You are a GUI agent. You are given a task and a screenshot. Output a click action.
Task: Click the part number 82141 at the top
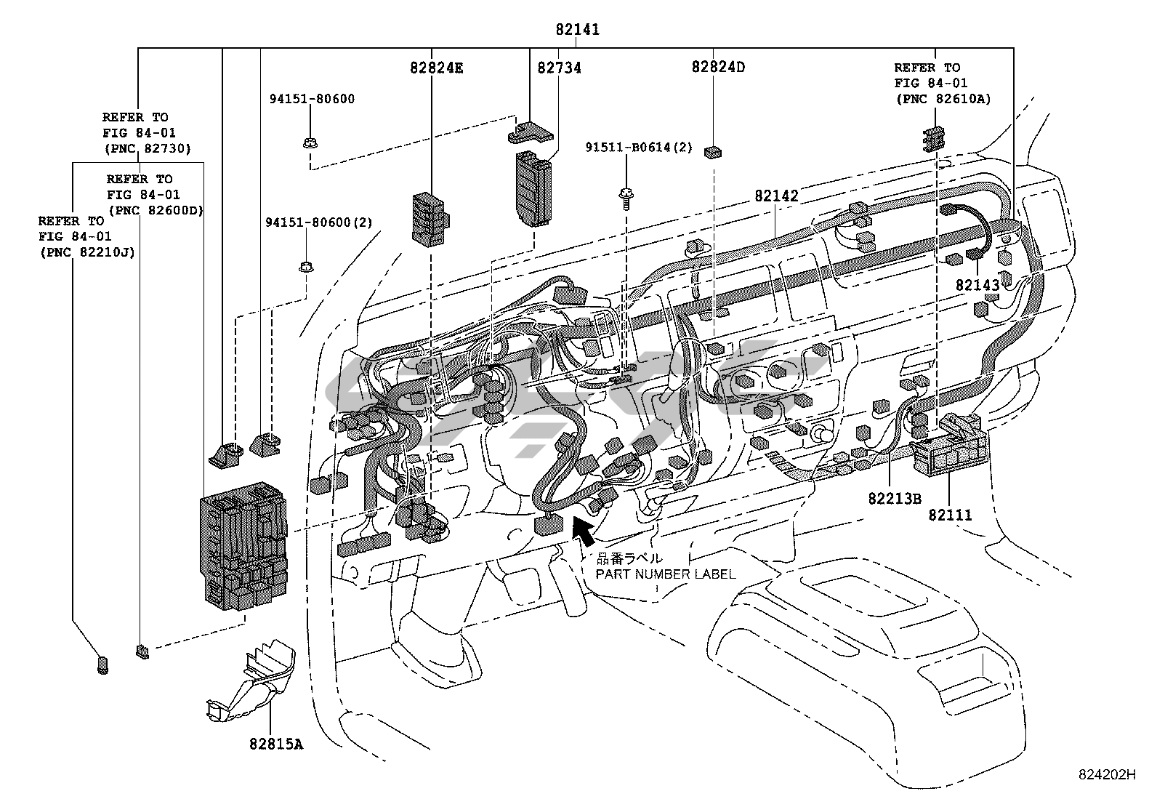[577, 30]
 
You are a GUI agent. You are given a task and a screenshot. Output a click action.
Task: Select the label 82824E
[436, 68]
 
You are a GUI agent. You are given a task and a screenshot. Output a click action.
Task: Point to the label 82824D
[718, 67]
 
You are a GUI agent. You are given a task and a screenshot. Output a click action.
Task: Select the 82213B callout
[894, 499]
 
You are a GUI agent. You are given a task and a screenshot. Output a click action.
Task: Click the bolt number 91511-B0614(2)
[639, 148]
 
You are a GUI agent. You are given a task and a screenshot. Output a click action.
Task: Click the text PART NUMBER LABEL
[666, 574]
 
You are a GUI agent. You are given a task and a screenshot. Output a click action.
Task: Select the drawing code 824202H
[1105, 775]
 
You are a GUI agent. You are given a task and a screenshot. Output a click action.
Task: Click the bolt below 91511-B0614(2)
[624, 197]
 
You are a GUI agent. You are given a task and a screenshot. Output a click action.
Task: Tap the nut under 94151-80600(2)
[306, 267]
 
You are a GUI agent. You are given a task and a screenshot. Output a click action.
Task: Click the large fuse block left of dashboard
[244, 550]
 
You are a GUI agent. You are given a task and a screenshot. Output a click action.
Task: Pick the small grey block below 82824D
[712, 151]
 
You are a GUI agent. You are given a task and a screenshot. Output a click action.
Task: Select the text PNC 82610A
[942, 99]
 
